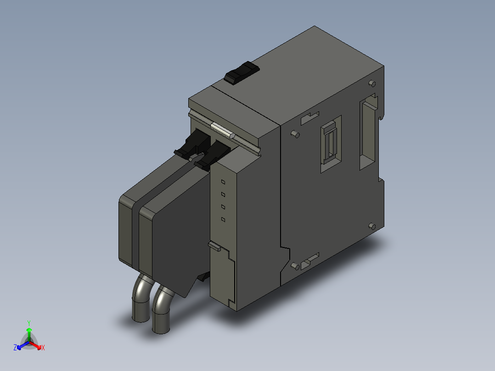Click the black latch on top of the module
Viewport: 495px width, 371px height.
coord(242,73)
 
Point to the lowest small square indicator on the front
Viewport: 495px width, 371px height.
coord(223,220)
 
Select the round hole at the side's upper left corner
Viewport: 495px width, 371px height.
coord(294,135)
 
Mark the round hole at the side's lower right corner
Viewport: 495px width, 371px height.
coord(372,226)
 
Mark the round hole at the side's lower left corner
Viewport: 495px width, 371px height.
coord(295,265)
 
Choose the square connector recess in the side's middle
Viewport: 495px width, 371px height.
coord(331,143)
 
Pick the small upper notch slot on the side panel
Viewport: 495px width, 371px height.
coord(310,118)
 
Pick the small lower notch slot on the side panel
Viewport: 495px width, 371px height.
coord(310,260)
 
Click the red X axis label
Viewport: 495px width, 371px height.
coord(43,348)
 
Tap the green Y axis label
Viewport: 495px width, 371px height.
coord(29,323)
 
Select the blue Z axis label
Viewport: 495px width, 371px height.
coord(15,348)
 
